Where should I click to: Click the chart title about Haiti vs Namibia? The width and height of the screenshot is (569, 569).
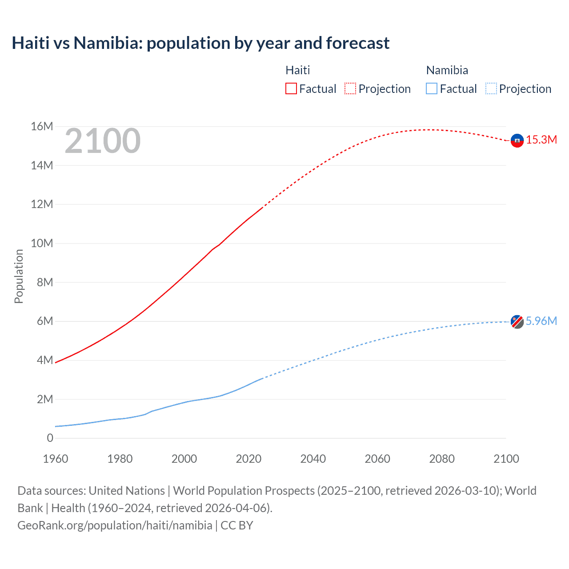coord(200,43)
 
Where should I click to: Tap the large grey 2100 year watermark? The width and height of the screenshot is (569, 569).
coord(103,141)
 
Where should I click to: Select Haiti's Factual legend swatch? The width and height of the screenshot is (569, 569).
coord(291,88)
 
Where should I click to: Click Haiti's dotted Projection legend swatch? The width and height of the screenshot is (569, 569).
coord(350,88)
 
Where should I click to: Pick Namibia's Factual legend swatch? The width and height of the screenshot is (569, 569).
coord(432,88)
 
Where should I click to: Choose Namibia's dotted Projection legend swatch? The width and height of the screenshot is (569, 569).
coord(491,88)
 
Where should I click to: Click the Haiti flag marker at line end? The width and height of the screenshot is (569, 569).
coord(517,140)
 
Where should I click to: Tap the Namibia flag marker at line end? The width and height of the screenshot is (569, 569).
coord(517,321)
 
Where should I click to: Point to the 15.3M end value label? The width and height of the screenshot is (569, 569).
coord(541,140)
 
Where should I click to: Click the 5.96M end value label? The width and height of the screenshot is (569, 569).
coord(541,321)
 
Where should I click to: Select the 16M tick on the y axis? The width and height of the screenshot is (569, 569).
coord(42,127)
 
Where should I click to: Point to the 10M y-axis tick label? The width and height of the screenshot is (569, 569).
coord(42,244)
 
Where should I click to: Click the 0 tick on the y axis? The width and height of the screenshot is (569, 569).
coord(50,438)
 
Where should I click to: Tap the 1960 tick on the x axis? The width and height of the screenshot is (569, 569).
coord(56,459)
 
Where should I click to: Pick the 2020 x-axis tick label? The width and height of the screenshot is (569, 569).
coord(248,459)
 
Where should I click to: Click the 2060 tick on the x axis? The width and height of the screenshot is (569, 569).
coord(377,459)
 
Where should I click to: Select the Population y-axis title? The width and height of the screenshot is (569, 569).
coord(19,276)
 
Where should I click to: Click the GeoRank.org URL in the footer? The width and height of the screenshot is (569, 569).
coord(115,525)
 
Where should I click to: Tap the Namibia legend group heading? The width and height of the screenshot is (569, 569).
coord(447,70)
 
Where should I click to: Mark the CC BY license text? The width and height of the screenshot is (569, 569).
coord(237,525)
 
